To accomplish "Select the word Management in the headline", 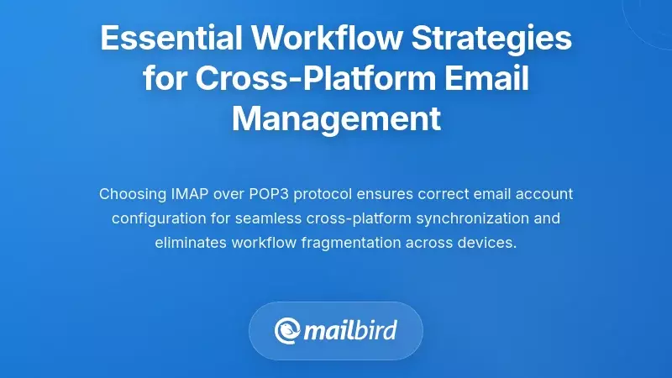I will point(336,118).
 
